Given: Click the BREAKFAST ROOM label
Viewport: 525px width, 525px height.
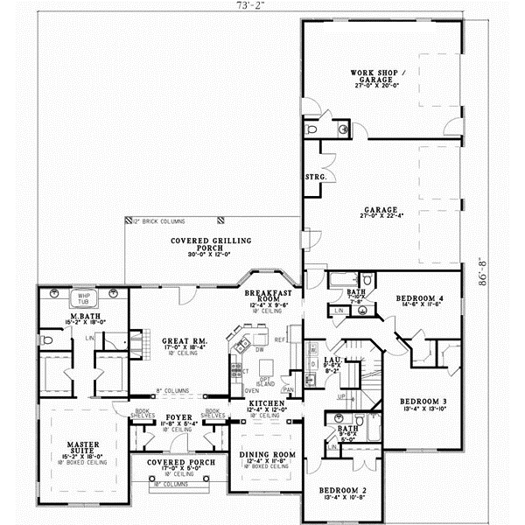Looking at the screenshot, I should click(262, 295).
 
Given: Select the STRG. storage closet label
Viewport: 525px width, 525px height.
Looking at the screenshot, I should click(316, 178).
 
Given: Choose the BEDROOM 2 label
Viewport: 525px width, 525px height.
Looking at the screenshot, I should click(336, 491).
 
